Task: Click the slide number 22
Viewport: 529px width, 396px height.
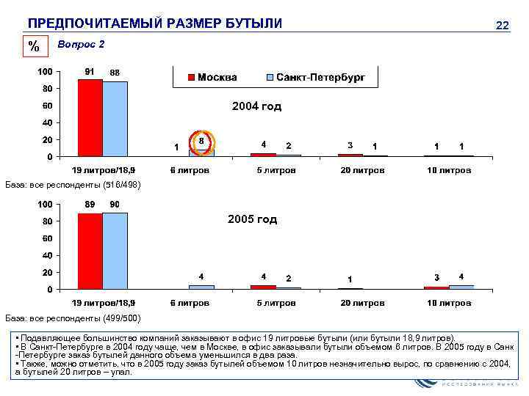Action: point(503,26)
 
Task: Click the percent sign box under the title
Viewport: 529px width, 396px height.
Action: point(34,47)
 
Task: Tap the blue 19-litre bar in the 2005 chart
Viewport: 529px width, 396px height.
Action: point(115,251)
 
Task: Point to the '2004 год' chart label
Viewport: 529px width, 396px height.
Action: point(256,106)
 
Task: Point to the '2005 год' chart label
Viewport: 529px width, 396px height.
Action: point(252,219)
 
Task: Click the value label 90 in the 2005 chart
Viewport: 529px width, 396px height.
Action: point(115,205)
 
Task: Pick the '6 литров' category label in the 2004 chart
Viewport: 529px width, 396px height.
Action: point(190,170)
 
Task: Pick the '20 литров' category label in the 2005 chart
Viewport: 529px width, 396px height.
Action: point(361,302)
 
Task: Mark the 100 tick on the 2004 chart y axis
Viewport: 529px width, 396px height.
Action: point(44,72)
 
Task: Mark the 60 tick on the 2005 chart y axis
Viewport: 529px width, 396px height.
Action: point(46,238)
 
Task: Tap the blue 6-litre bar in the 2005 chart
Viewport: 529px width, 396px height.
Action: point(201,287)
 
